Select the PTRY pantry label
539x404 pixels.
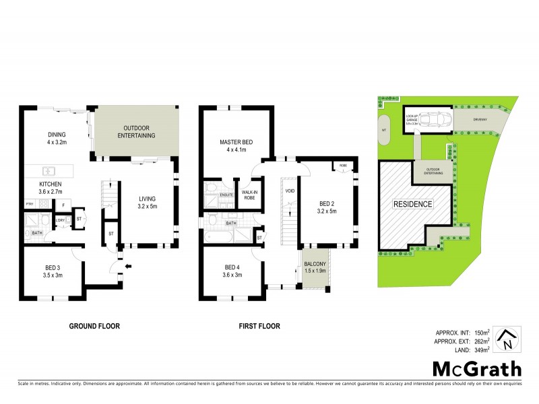coord(30,204)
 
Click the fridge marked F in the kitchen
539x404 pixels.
coord(62,204)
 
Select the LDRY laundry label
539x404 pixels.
coord(60,220)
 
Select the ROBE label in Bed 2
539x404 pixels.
coord(342,165)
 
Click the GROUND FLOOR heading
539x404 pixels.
coord(95,326)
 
